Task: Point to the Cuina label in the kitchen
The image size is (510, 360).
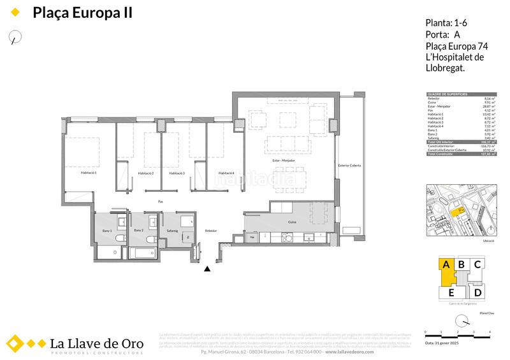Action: [x=291, y=222]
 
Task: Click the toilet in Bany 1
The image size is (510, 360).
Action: [x=119, y=239]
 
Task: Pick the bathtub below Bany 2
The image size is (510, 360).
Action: [x=145, y=254]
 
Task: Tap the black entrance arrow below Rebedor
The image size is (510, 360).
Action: [x=207, y=270]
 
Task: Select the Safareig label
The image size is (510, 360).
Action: [x=172, y=230]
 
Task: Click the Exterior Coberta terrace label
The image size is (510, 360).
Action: [x=349, y=166]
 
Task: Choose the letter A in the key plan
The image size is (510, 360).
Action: [x=446, y=264]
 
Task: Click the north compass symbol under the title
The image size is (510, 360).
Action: [x=15, y=38]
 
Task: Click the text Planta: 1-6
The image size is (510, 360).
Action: [x=446, y=24]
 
